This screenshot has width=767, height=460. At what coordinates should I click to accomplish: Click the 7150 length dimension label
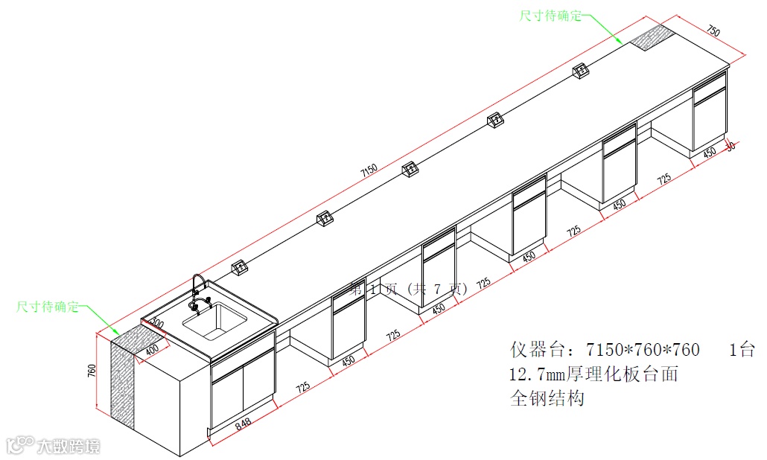pyautogui.click(x=369, y=170)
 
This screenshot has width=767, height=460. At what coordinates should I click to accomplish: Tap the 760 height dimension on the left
pyautogui.click(x=92, y=370)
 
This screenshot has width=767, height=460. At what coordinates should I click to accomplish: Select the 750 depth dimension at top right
pyautogui.click(x=713, y=31)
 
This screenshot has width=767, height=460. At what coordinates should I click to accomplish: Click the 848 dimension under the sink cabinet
pyautogui.click(x=241, y=425)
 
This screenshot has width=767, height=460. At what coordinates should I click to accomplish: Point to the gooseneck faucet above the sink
pyautogui.click(x=199, y=291)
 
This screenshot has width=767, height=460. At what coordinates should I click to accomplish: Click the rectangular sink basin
pyautogui.click(x=215, y=320)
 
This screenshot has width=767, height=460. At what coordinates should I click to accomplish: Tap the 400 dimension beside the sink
pyautogui.click(x=151, y=348)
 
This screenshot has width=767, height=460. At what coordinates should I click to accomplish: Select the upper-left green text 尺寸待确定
pyautogui.click(x=48, y=307)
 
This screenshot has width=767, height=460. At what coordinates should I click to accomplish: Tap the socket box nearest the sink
pyautogui.click(x=240, y=266)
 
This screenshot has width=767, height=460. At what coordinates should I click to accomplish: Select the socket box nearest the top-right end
pyautogui.click(x=580, y=71)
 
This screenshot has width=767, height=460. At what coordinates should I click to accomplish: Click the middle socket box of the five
pyautogui.click(x=409, y=170)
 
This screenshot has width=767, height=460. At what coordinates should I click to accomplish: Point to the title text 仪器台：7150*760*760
pyautogui.click(x=605, y=350)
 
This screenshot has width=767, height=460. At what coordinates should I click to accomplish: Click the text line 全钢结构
pyautogui.click(x=547, y=398)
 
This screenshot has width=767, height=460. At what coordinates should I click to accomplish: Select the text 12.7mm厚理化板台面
pyautogui.click(x=593, y=374)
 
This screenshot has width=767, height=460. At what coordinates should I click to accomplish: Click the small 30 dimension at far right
pyautogui.click(x=730, y=146)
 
